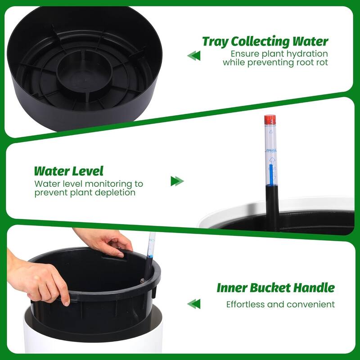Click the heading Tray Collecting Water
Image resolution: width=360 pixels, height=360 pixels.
point(265,41)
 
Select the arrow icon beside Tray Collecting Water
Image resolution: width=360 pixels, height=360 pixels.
point(194,55)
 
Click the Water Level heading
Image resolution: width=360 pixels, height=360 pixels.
point(69,171)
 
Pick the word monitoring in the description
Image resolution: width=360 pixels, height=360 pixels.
point(109,184)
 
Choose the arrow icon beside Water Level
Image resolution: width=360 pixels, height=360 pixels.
point(177,181)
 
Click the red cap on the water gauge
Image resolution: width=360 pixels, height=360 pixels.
point(270,120)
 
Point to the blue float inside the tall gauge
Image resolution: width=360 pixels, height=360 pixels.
point(271,175)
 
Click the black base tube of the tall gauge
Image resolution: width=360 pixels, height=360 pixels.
point(272,207)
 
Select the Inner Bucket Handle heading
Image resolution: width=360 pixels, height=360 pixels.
point(275,288)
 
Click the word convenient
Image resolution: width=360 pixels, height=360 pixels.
point(310,305)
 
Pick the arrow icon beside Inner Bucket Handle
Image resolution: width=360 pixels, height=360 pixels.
point(194,304)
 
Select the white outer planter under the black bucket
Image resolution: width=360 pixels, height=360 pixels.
point(93,333)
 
